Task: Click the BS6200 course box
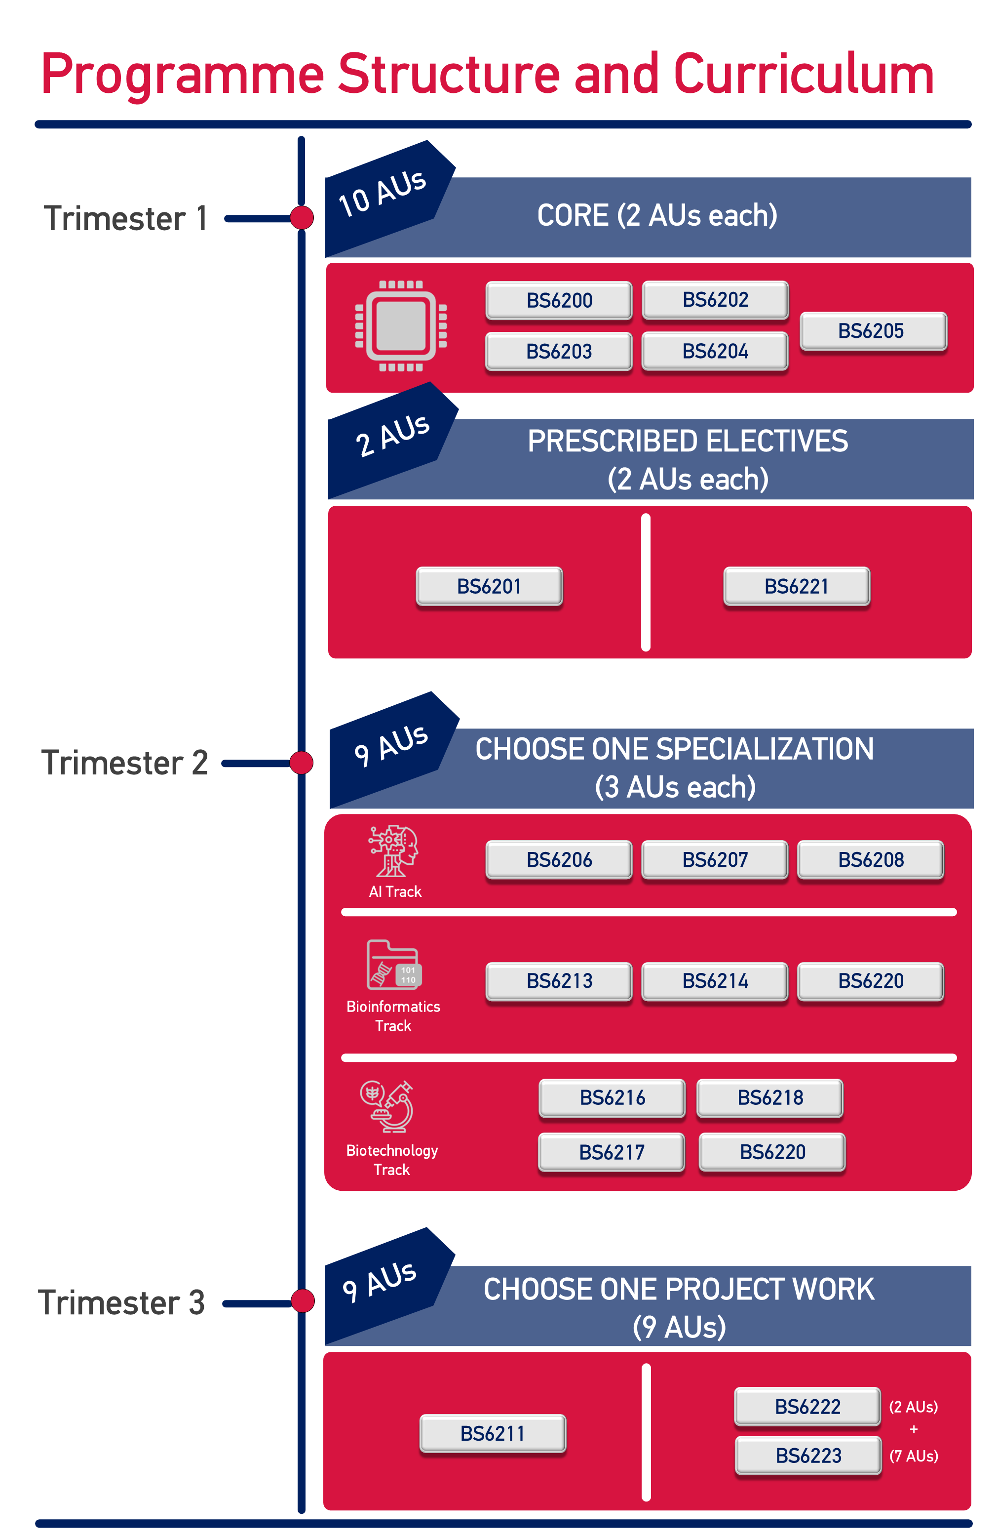559,300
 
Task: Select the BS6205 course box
873,331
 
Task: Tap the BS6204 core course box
715,351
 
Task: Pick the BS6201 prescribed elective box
489,586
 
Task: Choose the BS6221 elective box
796,586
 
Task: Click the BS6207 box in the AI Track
715,859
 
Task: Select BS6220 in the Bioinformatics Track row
871,981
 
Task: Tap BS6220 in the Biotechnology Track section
772,1152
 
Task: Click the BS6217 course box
612,1152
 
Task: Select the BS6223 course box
808,1456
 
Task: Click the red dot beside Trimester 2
301,763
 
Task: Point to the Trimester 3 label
121,1303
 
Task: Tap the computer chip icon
401,326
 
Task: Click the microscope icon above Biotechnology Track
386,1106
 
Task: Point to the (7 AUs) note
913,1456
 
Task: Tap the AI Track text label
395,891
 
